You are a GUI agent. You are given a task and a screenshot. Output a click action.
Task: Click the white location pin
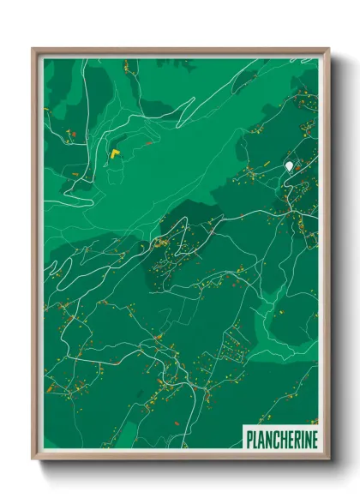pos(290,165)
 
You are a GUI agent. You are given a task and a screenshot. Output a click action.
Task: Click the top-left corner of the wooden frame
pos(33,49)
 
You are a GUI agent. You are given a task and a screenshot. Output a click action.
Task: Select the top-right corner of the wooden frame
pos(328,49)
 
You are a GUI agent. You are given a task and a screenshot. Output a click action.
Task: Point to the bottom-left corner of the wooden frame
pos(33,459)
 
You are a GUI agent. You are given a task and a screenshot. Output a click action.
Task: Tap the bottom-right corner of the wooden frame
pos(328,459)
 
